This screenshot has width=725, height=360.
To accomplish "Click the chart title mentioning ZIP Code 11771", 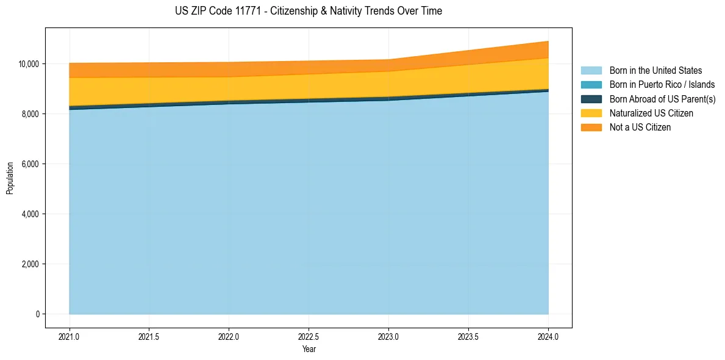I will pos(308,11).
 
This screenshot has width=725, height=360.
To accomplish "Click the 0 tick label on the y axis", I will pos(37,314).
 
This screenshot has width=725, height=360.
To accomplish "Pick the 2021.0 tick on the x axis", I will pos(70,336).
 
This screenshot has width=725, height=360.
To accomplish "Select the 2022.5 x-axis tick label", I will pos(309,336).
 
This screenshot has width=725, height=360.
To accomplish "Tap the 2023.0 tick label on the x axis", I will pos(388,336).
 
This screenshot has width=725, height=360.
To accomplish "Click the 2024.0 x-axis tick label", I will pos(548,336).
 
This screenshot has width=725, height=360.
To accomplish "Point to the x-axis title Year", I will pos(309,349).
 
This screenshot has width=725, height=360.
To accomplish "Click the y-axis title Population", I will pos(10,178).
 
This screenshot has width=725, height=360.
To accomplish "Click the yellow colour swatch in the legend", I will pos(591,113).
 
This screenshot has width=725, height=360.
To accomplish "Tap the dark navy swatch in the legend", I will pos(591,99).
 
